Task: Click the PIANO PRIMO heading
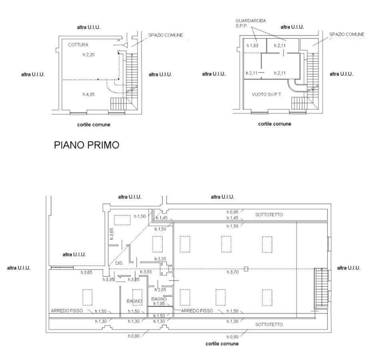pyautogui.click(x=86, y=145)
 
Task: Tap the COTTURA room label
pyautogui.click(x=78, y=45)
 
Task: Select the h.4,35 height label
pyautogui.click(x=88, y=94)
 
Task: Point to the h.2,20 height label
pyautogui.click(x=88, y=54)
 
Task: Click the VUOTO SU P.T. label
pyautogui.click(x=267, y=94)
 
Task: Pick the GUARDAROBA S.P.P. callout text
pyautogui.click(x=251, y=23)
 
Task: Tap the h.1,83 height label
pyautogui.click(x=252, y=46)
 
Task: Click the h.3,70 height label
pyautogui.click(x=233, y=272)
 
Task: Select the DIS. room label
pyautogui.click(x=119, y=263)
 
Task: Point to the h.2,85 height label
pyautogui.click(x=160, y=290)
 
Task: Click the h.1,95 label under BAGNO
pyautogui.click(x=159, y=304)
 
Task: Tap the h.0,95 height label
pyautogui.click(x=233, y=212)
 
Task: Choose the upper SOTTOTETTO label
pyautogui.click(x=269, y=215)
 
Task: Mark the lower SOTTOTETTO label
pyautogui.click(x=269, y=324)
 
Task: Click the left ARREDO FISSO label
pyautogui.click(x=67, y=311)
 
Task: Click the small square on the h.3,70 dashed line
pyautogui.click(x=246, y=269)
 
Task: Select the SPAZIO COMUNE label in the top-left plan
pyautogui.click(x=166, y=35)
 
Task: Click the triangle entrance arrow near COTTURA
pyautogui.click(x=125, y=45)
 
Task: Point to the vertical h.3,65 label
pyautogui.click(x=112, y=234)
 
